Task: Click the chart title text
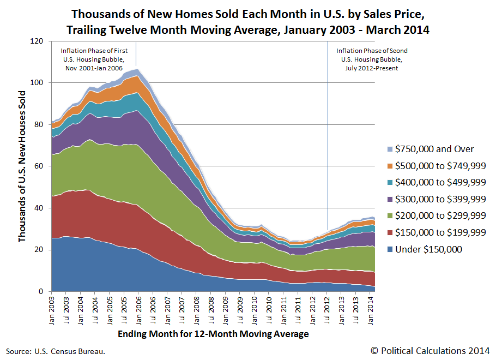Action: [247, 21]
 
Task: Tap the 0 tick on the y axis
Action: [40, 292]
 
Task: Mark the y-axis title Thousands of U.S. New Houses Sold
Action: [22, 166]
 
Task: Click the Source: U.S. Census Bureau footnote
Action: [56, 351]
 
